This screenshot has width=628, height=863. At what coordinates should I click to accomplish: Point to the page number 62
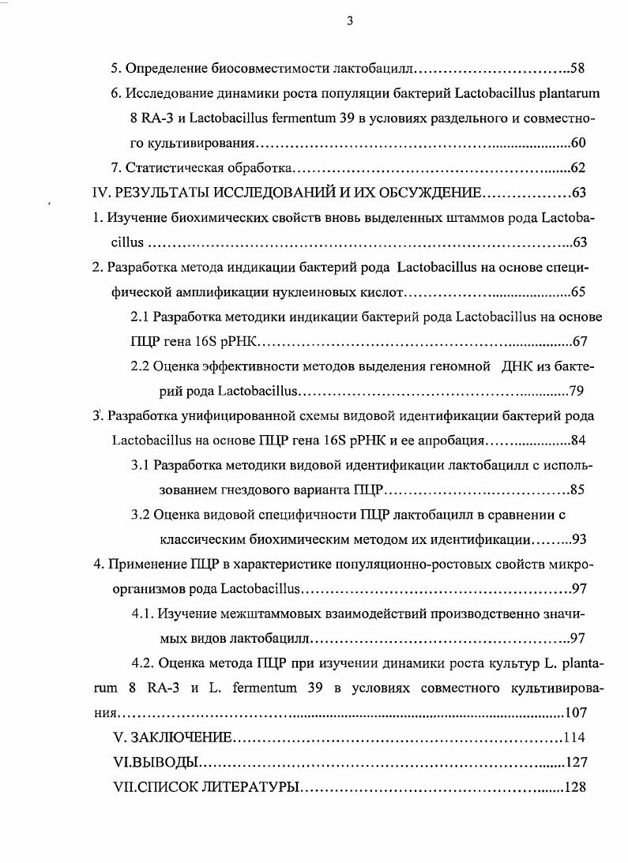pyautogui.click(x=577, y=168)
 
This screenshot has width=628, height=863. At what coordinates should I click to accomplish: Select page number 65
pyautogui.click(x=577, y=293)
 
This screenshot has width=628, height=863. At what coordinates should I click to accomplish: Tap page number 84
pyautogui.click(x=577, y=441)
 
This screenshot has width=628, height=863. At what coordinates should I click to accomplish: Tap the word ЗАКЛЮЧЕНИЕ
pyautogui.click(x=181, y=738)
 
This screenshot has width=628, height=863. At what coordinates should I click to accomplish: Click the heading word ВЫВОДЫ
pyautogui.click(x=164, y=764)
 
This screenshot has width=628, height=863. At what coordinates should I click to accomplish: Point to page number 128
pyautogui.click(x=573, y=788)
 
